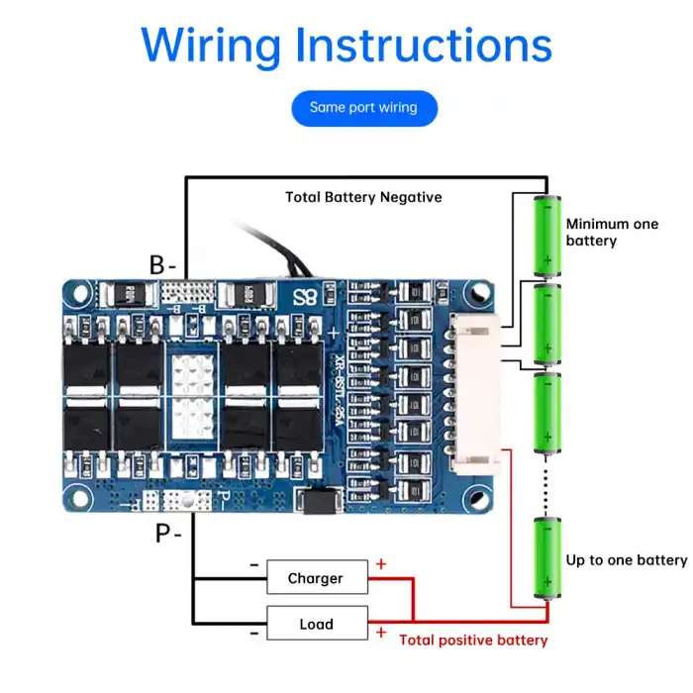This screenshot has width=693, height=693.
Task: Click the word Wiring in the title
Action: (x=210, y=45)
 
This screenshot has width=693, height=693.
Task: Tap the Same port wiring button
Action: (x=363, y=107)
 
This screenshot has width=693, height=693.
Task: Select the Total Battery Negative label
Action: (x=363, y=197)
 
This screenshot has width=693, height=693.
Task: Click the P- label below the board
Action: (x=167, y=534)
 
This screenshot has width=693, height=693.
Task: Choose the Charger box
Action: (x=316, y=578)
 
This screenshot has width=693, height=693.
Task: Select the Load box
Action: (x=316, y=625)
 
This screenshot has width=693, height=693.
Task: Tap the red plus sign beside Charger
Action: (x=381, y=564)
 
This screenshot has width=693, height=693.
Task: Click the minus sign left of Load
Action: (x=254, y=633)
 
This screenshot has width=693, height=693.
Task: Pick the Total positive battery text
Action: (x=472, y=641)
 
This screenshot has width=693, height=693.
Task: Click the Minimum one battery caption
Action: (x=611, y=233)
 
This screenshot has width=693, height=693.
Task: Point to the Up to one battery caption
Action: (x=626, y=560)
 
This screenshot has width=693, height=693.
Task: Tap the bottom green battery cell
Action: (x=545, y=558)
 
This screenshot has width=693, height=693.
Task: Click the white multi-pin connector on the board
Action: (x=474, y=396)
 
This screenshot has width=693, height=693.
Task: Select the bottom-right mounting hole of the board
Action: (x=480, y=497)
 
